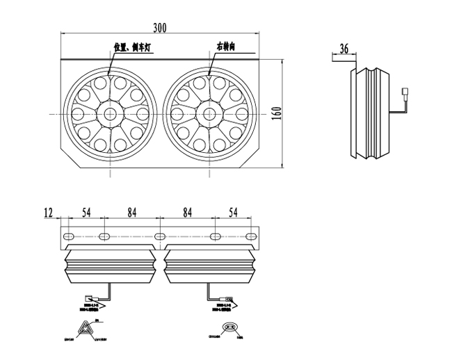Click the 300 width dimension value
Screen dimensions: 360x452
click(159, 28)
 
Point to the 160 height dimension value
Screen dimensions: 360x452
click(275, 113)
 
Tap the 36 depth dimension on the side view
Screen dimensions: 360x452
click(343, 49)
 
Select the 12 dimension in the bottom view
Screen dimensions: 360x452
click(48, 211)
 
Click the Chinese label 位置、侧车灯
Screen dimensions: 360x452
click(136, 48)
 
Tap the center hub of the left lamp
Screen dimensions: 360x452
click(110, 113)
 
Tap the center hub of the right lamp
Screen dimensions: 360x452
click(209, 113)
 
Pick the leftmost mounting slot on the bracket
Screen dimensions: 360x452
click(70, 238)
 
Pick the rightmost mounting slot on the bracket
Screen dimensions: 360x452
click(250, 238)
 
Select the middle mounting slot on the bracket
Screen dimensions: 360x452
click(160, 238)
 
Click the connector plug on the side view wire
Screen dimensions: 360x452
click(406, 91)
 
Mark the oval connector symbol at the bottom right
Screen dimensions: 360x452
click(228, 328)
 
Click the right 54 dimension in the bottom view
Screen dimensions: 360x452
click(232, 211)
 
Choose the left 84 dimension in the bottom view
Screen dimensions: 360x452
click(132, 211)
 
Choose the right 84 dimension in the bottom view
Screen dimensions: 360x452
click(187, 211)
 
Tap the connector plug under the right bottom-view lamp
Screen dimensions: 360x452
click(226, 300)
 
